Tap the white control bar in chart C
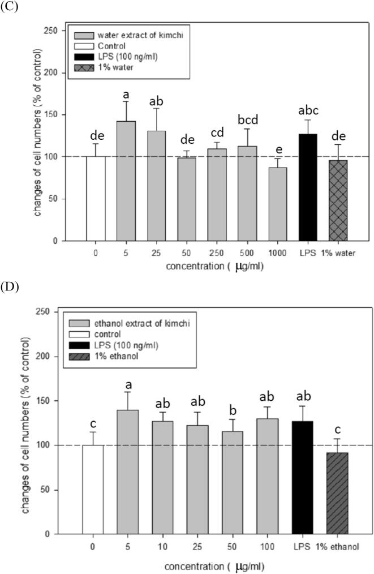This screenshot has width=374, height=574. pos(96,198)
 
